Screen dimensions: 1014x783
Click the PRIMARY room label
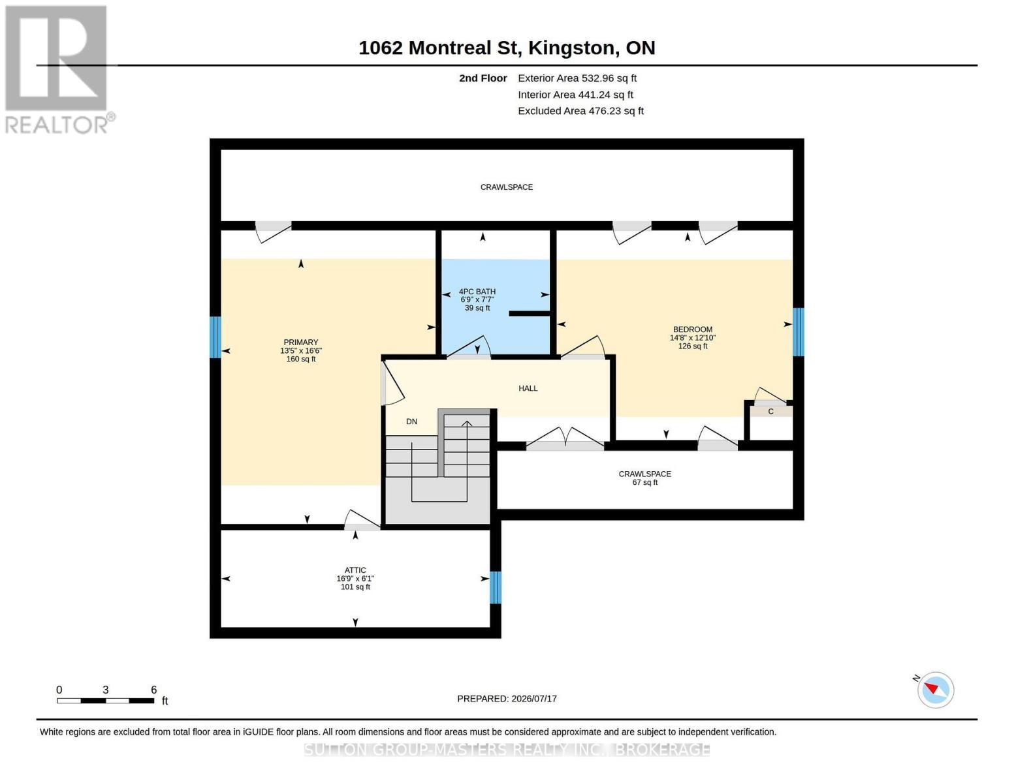301,343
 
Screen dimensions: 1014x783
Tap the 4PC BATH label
477,292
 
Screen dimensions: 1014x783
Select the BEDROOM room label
693,330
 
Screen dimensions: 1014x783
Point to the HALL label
528,388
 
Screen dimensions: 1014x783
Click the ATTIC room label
355,570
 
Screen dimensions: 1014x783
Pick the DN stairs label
411,422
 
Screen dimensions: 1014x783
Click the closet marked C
771,411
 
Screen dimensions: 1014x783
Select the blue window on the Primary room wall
215,337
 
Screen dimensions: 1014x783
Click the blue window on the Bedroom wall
799,332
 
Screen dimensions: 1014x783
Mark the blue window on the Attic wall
496,588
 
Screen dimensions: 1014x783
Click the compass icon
935,690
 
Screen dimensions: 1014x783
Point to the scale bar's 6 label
154,690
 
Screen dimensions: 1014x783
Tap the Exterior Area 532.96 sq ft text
577,78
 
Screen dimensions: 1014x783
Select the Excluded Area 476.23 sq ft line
580,111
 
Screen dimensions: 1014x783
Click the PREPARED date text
507,699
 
